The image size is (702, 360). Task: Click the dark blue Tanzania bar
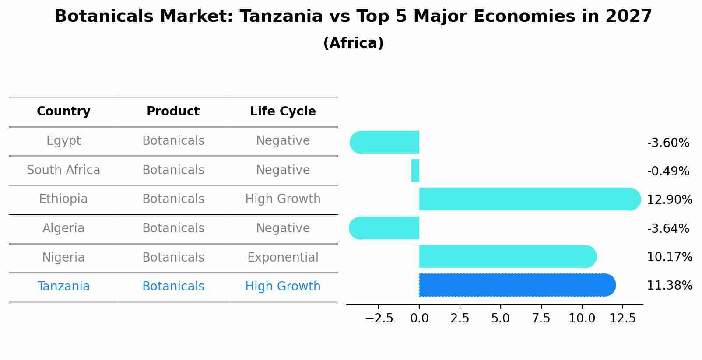[x=516, y=285]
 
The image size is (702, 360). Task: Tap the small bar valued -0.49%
[x=415, y=171]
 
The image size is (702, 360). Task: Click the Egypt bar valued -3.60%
[x=385, y=142]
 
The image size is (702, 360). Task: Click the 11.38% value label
[x=670, y=286]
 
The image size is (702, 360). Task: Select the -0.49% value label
[x=668, y=171]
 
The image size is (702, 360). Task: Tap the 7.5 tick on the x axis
[x=541, y=318]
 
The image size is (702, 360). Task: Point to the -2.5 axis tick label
[x=379, y=318]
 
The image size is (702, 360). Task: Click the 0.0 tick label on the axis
[x=419, y=318]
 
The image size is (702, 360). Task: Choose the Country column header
[x=63, y=112]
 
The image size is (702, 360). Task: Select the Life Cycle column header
[x=283, y=112]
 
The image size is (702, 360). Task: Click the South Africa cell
[x=63, y=170]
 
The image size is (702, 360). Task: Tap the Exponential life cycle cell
[x=283, y=258]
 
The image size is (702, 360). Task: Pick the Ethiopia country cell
[x=63, y=199]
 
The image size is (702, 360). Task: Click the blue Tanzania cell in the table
[x=63, y=287]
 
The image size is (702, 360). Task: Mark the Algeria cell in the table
[x=63, y=228]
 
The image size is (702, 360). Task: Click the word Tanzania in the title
[x=281, y=17]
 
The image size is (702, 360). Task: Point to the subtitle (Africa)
[x=353, y=43]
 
